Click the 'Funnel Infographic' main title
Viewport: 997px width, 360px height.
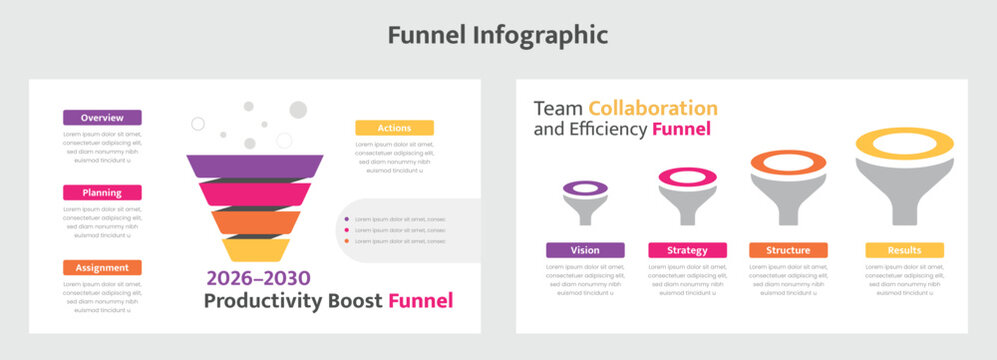[x=497, y=35]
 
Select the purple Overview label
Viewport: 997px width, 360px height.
[x=102, y=117]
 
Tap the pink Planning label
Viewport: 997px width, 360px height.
[x=102, y=192]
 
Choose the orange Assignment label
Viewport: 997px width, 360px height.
[x=102, y=267]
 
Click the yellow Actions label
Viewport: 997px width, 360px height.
[x=394, y=128]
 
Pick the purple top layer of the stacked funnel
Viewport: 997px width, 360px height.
[x=254, y=166]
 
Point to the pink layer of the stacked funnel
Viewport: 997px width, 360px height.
[x=254, y=193]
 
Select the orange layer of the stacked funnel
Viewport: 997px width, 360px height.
[x=254, y=221]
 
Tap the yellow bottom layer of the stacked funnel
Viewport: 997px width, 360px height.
[x=255, y=249]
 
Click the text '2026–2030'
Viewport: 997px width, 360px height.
[x=258, y=278]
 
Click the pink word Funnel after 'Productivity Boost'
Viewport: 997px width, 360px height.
[x=420, y=301]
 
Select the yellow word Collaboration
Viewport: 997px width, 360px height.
[x=652, y=108]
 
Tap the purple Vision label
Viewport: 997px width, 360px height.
[x=585, y=250]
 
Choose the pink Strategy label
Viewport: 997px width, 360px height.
[x=687, y=250]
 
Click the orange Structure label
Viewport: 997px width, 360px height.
[x=788, y=250]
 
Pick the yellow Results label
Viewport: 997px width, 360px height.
[x=904, y=250]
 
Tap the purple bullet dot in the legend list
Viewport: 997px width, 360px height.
[x=346, y=219]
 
